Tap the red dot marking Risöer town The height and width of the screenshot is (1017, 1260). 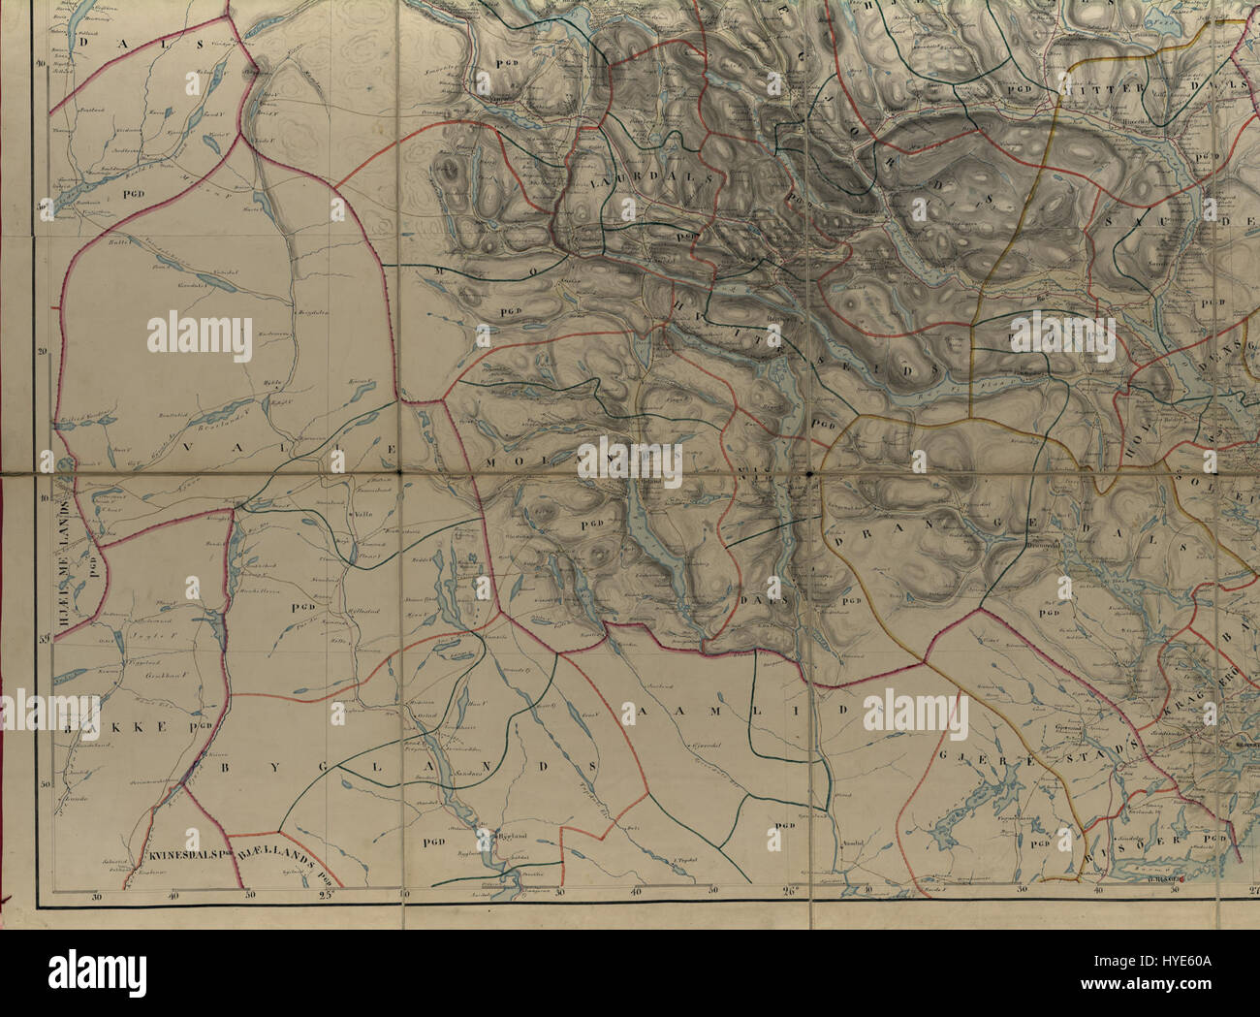(x=1183, y=880)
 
